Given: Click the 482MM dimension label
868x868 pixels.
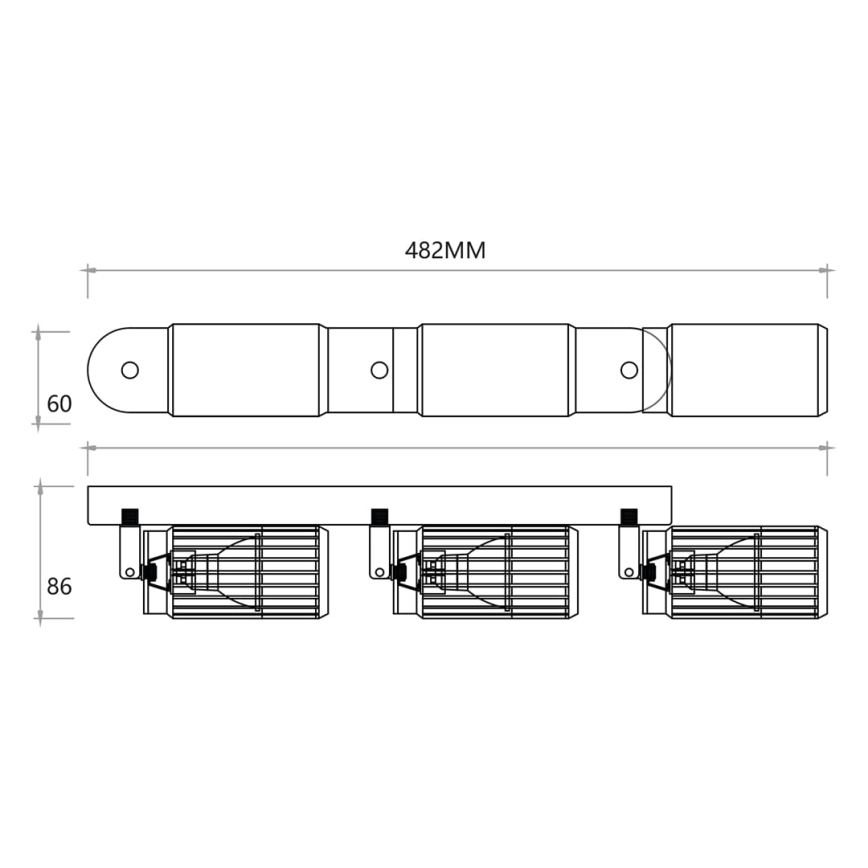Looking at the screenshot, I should point(445,250).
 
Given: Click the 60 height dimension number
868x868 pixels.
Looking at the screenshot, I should point(60,404).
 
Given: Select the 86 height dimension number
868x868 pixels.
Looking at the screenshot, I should point(60,586).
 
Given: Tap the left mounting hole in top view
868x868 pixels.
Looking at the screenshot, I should point(129,370).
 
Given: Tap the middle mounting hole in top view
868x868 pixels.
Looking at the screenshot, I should point(379,370).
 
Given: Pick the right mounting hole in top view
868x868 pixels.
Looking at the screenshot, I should point(628,370).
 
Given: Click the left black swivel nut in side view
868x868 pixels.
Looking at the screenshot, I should point(129,517).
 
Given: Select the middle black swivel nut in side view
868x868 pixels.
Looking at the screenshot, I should point(379,517).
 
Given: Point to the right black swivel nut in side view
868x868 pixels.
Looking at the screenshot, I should point(628,517).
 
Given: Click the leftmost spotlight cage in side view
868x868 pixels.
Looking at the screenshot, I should point(245,571).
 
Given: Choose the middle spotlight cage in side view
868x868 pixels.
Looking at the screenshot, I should point(495,571).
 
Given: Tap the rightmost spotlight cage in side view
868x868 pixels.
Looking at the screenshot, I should point(745,571).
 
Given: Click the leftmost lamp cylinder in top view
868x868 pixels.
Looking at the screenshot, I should point(247,370).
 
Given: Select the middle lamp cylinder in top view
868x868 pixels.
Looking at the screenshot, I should point(495,370).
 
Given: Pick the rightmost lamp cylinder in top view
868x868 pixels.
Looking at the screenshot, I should point(748,370).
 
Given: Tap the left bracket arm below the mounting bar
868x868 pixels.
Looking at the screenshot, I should point(129,551).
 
